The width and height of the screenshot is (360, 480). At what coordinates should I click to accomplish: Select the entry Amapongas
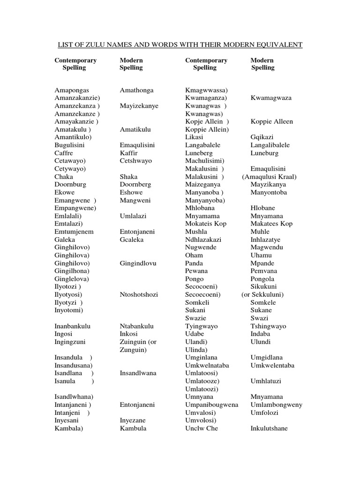[x=72, y=90]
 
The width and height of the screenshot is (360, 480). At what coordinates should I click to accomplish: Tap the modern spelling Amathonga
[x=136, y=90]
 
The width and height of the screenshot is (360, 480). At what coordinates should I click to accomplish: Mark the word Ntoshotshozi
[x=139, y=294]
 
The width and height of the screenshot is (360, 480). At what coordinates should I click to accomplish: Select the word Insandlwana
[x=138, y=373]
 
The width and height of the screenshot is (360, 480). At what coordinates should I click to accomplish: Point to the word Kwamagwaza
[x=271, y=98]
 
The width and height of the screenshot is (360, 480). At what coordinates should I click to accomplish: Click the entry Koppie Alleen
[x=271, y=121]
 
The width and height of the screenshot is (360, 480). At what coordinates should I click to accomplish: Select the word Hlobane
[x=263, y=208]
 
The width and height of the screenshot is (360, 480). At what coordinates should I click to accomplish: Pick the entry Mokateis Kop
[x=206, y=224]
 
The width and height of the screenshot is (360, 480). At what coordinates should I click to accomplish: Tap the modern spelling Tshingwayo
[x=268, y=326]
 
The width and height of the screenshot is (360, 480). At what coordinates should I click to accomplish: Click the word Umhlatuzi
[x=266, y=381]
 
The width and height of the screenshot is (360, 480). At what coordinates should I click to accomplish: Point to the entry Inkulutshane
[x=269, y=428]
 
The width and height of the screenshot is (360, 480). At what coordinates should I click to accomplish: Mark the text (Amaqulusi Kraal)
[x=269, y=177]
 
